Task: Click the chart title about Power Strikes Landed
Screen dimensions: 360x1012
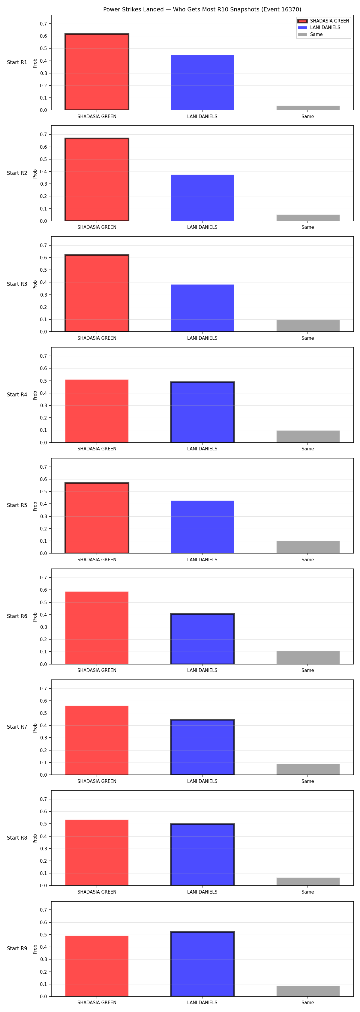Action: (202, 9)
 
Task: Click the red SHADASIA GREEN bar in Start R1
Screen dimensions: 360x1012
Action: (97, 72)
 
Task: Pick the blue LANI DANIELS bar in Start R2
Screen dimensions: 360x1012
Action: (202, 198)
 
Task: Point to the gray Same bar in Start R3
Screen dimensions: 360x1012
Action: (308, 326)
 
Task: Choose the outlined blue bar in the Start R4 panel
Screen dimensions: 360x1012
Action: (202, 412)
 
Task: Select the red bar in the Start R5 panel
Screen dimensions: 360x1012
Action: (97, 518)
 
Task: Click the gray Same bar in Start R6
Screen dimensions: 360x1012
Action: (308, 658)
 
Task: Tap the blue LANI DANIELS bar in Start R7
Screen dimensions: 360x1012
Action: (202, 747)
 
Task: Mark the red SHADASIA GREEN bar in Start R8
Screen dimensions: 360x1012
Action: (97, 852)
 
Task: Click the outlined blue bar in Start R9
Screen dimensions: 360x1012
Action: (202, 964)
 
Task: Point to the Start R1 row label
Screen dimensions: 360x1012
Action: (17, 62)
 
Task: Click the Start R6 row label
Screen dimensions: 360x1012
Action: (17, 616)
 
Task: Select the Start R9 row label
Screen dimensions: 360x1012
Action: (17, 948)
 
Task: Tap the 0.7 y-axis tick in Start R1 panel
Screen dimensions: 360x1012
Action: (43, 24)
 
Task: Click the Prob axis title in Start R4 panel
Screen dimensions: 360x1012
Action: (35, 395)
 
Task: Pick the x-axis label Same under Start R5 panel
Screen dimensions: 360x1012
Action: (308, 560)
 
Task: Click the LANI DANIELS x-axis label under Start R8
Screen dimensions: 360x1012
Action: (202, 892)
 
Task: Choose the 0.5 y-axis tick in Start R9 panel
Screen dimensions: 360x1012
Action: (43, 935)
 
